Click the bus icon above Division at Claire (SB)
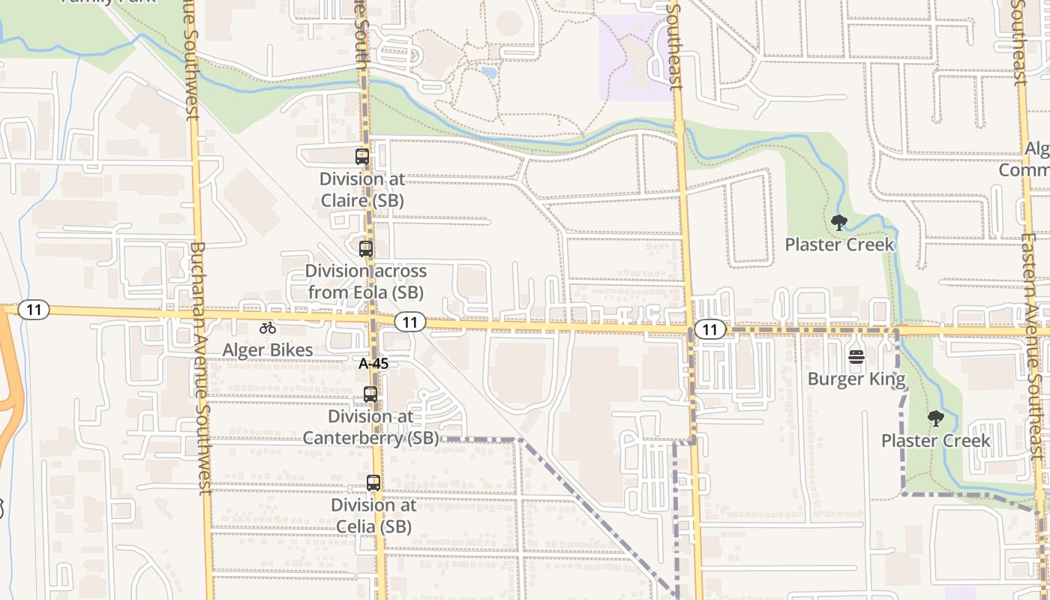362,157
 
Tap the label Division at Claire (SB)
362,190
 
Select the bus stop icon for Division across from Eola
366,249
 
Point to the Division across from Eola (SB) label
365,281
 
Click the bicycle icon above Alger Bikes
268,328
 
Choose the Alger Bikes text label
268,350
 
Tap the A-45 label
373,364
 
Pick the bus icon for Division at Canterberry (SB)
370,394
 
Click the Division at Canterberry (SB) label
370,427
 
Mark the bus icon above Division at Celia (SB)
373,483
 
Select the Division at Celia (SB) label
373,515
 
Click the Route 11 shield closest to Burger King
709,328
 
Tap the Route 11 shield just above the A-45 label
409,322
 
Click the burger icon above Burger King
856,357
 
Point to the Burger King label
856,379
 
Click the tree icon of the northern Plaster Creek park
839,222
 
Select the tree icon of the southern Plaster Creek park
935,418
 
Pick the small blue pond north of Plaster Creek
490,73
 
